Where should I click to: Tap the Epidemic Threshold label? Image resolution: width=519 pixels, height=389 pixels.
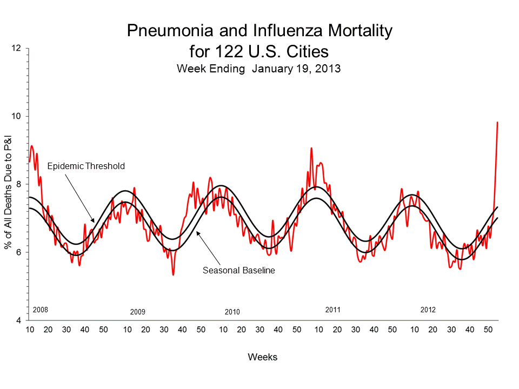pos(86,166)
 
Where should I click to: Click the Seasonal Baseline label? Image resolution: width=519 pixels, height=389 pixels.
pos(239,270)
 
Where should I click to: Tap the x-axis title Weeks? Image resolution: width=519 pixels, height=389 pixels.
pos(263,357)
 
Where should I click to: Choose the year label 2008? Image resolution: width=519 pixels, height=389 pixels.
pos(41,310)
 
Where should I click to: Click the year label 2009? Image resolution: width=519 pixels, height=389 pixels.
pos(138,312)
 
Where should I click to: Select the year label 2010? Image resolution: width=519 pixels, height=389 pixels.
pos(232,312)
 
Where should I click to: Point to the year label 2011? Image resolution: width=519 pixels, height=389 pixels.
pos(332,310)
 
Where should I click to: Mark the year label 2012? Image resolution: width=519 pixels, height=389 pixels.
pos(428,310)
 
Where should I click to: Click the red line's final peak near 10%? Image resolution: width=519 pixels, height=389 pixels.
pos(497,123)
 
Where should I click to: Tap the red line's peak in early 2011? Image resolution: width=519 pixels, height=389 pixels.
pos(311,148)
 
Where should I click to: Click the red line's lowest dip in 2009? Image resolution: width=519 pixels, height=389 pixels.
pos(173,274)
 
